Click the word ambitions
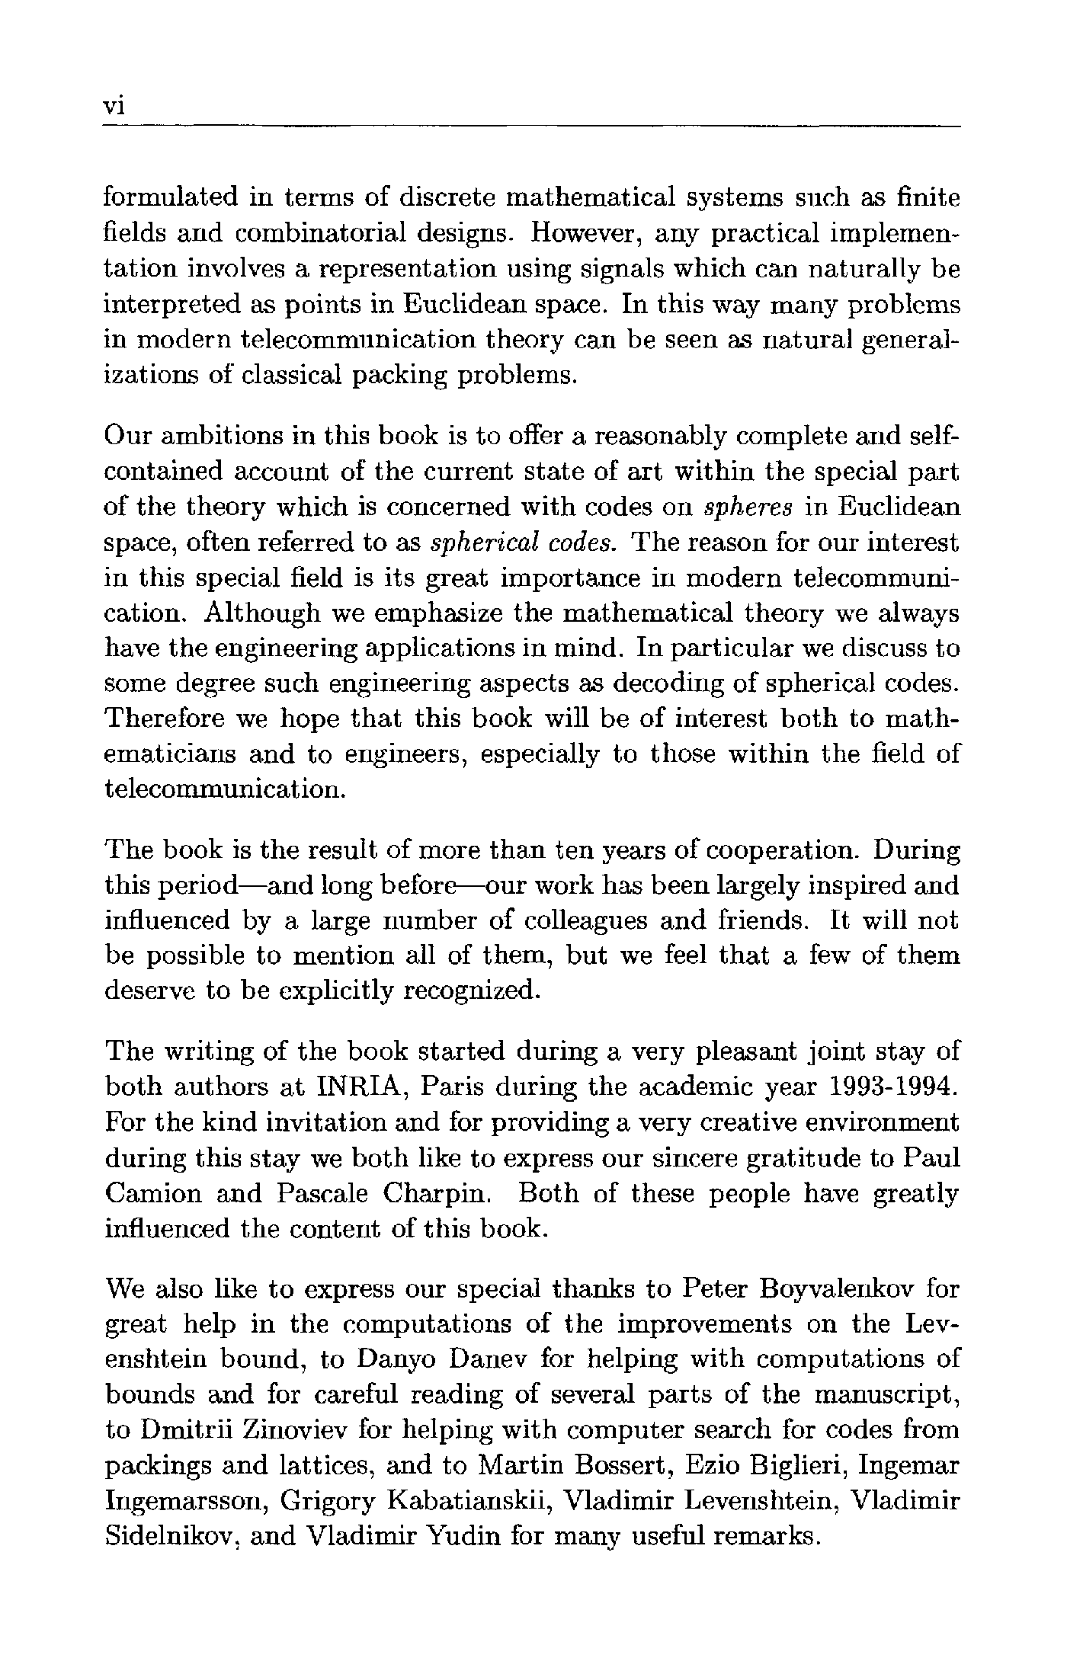point(213,437)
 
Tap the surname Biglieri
point(809,1465)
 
